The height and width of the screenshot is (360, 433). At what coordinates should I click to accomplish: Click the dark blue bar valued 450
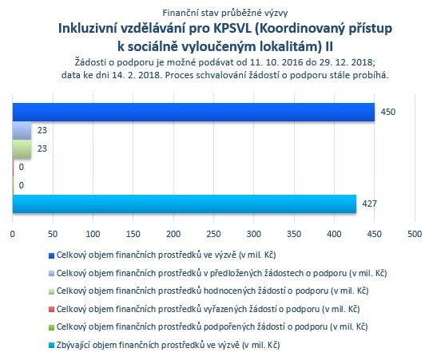coord(193,112)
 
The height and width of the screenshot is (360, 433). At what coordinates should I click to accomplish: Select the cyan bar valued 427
coord(185,204)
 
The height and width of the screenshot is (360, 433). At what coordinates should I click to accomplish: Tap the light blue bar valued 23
coord(22,130)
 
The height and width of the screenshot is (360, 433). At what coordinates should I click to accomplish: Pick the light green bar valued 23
coord(22,148)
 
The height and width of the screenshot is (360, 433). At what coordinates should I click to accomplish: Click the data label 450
coord(388,112)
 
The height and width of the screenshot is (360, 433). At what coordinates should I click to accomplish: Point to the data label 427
coord(369,204)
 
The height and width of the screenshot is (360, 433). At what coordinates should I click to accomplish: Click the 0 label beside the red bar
coord(22,167)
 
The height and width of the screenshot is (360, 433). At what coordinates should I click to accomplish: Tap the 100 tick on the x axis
coord(93,234)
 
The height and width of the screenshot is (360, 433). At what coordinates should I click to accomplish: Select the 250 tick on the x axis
coord(213,234)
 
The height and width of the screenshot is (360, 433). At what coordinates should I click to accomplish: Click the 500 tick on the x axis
coord(415,234)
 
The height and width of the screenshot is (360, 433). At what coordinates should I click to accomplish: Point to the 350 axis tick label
coord(294,234)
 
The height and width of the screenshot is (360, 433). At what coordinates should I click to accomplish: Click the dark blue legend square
coord(51,255)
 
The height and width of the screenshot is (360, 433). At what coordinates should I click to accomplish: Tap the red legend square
coord(51,310)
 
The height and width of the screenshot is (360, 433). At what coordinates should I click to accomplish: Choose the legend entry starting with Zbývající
coord(169,345)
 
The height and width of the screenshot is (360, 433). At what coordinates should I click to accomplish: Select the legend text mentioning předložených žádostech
coord(222,273)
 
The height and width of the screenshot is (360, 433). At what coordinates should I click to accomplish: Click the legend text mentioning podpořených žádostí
coord(212,327)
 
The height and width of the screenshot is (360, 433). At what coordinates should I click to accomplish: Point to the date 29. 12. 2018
coord(346,62)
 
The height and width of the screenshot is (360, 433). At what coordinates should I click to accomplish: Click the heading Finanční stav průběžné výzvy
coord(225,13)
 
